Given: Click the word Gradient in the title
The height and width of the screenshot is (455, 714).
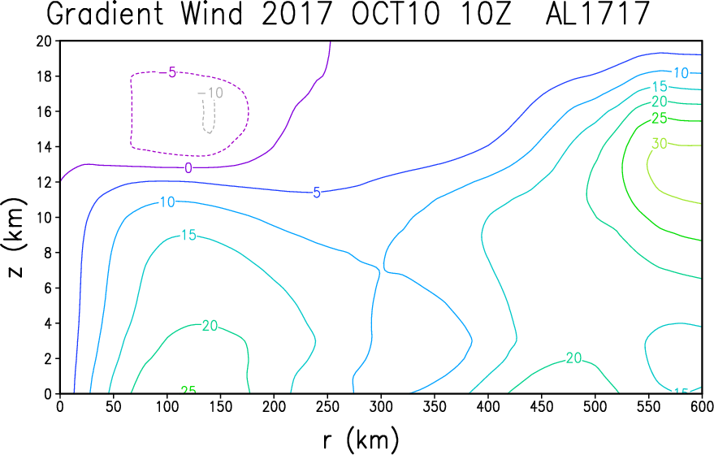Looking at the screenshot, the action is coord(106,13).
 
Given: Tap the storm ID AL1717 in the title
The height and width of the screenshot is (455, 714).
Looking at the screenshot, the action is coord(597,13).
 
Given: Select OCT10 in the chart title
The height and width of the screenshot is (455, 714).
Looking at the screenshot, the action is coord(396,13).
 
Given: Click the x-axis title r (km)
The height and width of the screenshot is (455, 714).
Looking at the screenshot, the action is coord(361,440).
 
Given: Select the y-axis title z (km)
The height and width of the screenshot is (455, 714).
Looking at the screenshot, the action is coord(15,237).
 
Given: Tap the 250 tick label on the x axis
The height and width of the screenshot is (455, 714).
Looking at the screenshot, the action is coord(328,407).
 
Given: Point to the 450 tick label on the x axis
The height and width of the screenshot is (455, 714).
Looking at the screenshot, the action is coord(542,407).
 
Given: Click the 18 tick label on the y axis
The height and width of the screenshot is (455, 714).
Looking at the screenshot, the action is coord(45,76).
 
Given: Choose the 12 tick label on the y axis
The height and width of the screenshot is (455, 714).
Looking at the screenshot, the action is coord(45,182).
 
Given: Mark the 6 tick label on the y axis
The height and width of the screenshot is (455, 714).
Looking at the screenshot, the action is coord(48,288).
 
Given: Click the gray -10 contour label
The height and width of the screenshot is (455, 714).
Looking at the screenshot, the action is coord(210,93).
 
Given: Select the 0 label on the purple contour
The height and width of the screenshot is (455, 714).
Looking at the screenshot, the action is coord(188,168).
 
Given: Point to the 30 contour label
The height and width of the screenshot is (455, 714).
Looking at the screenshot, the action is coord(660,144).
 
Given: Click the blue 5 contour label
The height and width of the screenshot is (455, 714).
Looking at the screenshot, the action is coord(317,193).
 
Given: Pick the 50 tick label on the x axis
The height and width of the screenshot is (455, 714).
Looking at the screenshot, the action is coord(114,407).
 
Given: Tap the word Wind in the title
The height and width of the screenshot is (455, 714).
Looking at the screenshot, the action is coord(212,13).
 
